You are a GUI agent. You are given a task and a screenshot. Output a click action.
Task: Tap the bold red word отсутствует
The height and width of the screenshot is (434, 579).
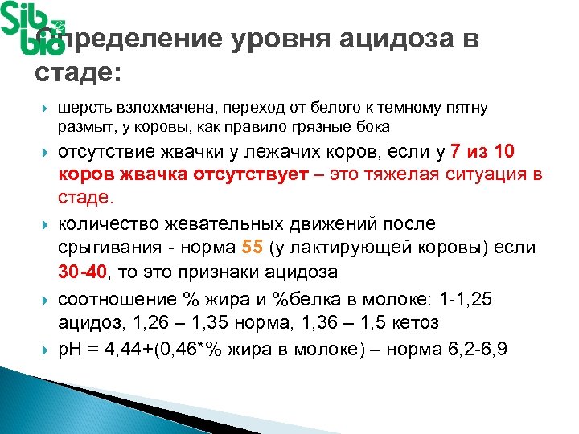[249, 174]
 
